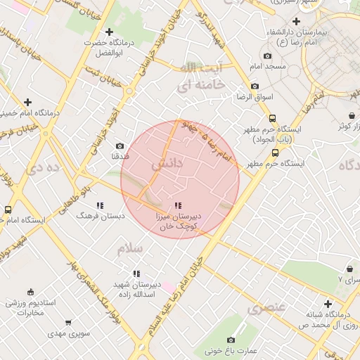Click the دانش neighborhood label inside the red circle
click(x=167, y=163)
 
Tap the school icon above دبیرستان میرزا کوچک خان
click(x=176, y=205)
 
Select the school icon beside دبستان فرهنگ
click(x=100, y=205)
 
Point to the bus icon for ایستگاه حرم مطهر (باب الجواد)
click(x=273, y=118)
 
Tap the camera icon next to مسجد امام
click(x=267, y=56)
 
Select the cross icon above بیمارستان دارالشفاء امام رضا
click(x=297, y=22)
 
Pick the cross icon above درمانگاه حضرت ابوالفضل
click(x=108, y=32)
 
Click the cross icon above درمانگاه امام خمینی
click(x=27, y=102)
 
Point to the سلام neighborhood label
click(x=130, y=249)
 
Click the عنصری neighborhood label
click(x=266, y=307)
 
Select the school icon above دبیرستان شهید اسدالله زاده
click(x=136, y=274)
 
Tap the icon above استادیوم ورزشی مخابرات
click(x=30, y=292)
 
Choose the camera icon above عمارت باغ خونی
click(x=231, y=340)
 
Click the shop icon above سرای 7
click(x=350, y=269)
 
